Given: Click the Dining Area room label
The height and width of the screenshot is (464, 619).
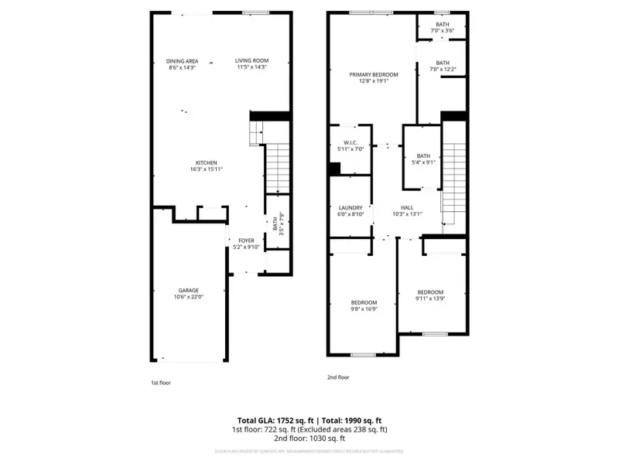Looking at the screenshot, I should click(182, 61).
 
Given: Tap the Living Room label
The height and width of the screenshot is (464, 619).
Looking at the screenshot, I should click(251, 61).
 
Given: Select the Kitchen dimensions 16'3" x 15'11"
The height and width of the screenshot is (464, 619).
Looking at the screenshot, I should click(207, 169).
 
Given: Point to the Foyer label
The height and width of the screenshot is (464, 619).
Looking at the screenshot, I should click(246, 241).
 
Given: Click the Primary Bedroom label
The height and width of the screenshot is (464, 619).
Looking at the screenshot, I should click(373, 74).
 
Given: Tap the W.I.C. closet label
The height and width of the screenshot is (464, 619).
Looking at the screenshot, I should click(349, 142).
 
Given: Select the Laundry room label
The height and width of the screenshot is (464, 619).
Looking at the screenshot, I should click(351, 207).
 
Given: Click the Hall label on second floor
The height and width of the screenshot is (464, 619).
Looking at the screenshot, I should click(406, 207).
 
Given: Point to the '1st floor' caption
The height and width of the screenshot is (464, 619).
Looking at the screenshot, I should click(161, 382).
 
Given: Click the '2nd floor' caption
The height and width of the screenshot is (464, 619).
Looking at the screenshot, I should click(338, 377).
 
